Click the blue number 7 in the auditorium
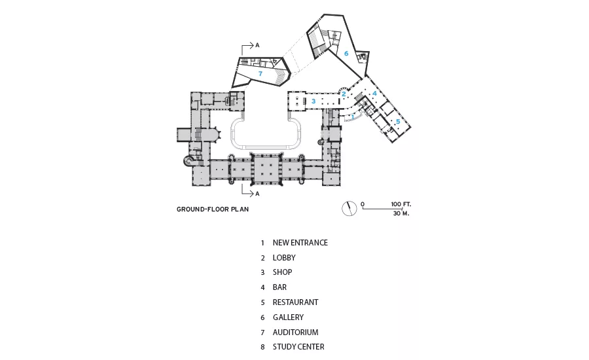click(260, 74)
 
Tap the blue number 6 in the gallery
click(346, 54)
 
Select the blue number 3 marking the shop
click(313, 101)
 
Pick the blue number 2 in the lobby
click(344, 94)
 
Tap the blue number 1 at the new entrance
click(353, 117)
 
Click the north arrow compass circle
click(349, 209)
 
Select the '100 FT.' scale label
click(401, 204)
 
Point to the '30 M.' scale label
click(401, 213)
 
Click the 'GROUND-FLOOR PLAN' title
click(213, 209)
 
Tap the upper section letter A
click(257, 45)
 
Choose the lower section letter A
click(257, 194)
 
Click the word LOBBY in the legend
click(284, 258)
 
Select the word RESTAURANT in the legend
click(295, 302)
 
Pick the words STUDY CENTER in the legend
click(298, 347)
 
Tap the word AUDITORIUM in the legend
click(295, 333)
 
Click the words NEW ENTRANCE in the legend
click(300, 243)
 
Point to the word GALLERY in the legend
click(288, 317)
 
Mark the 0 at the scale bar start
click(363, 204)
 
